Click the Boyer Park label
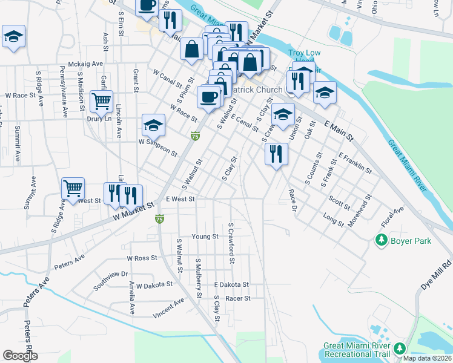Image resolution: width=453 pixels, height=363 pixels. click(411, 241)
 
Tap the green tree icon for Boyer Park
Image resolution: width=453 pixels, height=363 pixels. click(381, 241)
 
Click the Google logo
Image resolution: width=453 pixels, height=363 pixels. click(21, 356)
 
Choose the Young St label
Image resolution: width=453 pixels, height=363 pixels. click(204, 237)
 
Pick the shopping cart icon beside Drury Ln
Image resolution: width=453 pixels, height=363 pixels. click(101, 100)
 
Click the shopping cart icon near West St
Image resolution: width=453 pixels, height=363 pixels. click(73, 188)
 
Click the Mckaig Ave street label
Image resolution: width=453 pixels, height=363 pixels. click(81, 64)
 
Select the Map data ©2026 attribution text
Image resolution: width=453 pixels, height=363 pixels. click(428, 358)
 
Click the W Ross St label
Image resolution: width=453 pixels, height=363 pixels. click(142, 258)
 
